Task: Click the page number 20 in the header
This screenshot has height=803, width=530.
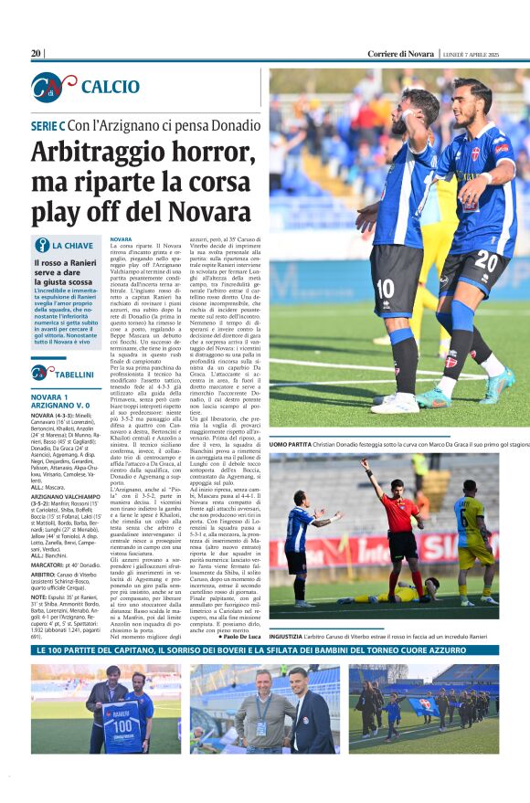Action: click(x=37, y=54)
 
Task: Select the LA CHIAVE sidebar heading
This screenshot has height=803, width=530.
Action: click(x=72, y=246)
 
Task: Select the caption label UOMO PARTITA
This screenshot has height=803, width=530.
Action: click(x=291, y=444)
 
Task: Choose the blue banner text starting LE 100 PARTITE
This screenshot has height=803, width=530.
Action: click(x=265, y=650)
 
